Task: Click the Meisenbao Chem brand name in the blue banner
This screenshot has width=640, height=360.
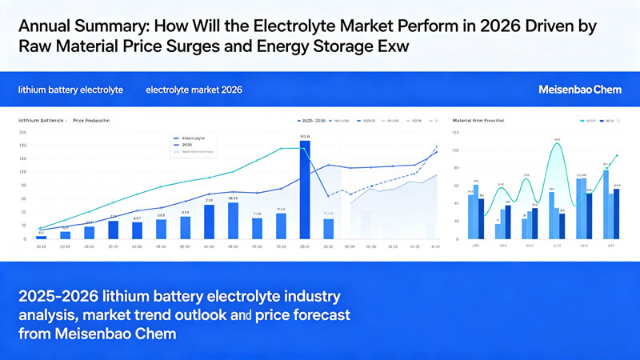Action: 581,90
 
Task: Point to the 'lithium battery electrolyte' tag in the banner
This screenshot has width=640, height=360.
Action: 70,90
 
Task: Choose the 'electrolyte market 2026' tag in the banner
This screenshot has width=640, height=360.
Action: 194,90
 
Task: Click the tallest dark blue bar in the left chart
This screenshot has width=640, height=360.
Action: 305,190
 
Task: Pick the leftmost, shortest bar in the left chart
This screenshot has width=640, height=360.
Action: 41,237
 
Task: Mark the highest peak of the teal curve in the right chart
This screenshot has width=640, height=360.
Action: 557,143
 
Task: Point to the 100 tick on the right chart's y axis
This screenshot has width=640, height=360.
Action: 455,150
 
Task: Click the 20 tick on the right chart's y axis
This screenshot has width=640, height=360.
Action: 455,222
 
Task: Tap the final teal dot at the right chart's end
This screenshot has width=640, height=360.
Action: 617,156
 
